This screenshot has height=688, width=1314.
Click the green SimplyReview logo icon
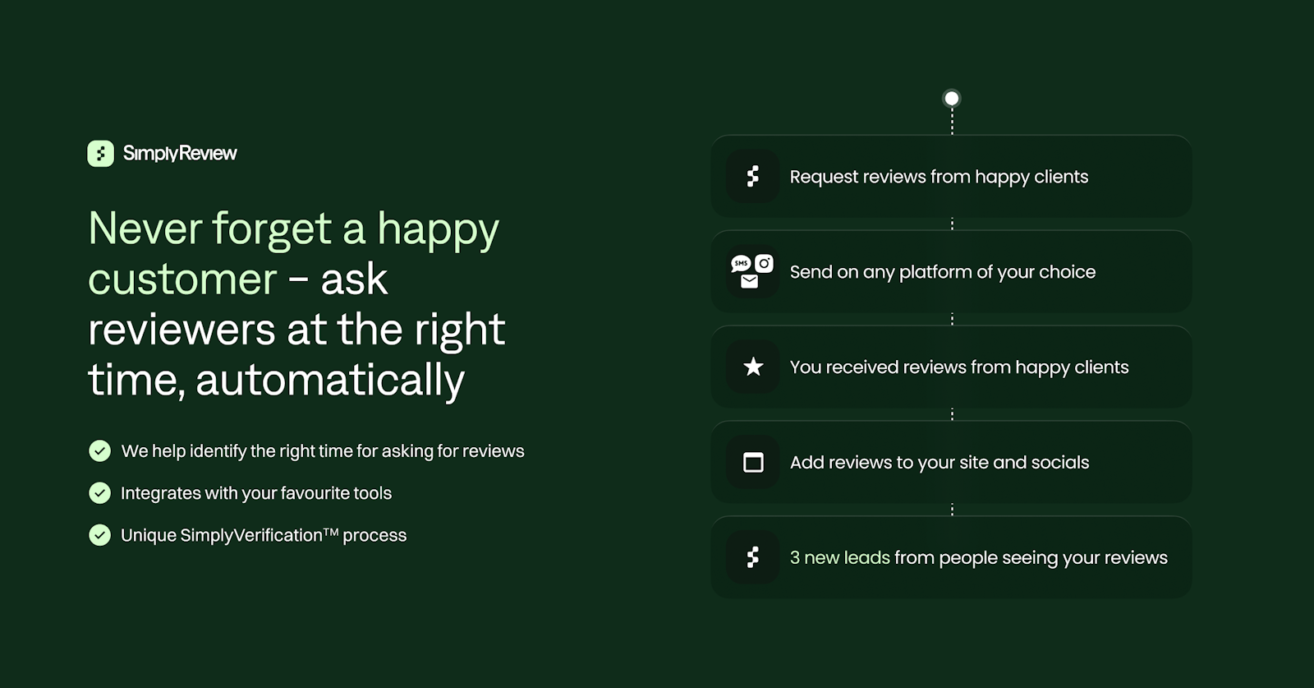click(x=100, y=153)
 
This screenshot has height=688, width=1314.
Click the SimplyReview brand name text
click(x=180, y=153)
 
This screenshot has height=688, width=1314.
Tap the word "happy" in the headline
click(x=438, y=229)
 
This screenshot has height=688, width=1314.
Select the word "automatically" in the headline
click(x=329, y=380)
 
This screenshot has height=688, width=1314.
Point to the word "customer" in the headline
click(x=182, y=279)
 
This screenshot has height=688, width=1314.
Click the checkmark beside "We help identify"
click(x=99, y=450)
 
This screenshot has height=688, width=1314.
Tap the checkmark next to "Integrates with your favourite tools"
click(x=99, y=493)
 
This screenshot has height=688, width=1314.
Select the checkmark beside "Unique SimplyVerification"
click(x=99, y=535)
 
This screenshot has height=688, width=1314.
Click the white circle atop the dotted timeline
click(x=952, y=98)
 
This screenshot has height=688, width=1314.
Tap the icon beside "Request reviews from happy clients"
click(x=752, y=176)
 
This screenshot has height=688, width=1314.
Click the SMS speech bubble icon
click(x=741, y=264)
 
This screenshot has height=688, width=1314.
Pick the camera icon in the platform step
click(x=764, y=264)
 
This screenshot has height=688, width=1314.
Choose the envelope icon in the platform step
click(x=749, y=282)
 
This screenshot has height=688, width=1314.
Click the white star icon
click(x=753, y=367)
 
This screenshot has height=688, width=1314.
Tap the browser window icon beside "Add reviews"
click(x=753, y=463)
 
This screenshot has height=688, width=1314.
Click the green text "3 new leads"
click(x=840, y=557)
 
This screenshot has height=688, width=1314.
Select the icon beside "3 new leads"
click(x=752, y=557)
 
